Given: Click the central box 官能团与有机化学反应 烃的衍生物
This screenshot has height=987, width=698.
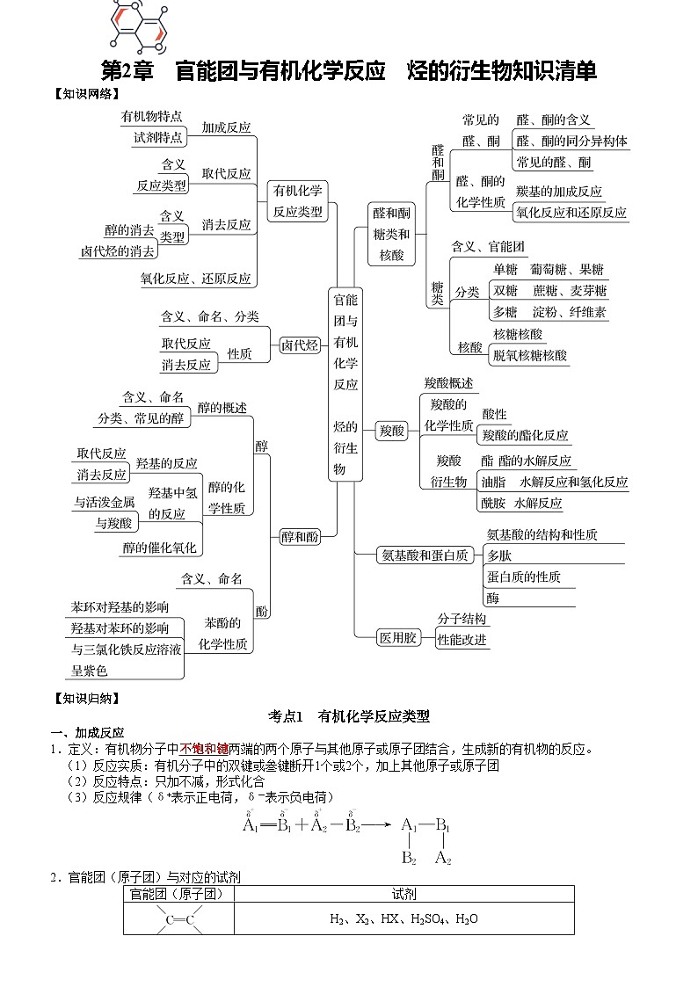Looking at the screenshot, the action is (345, 383).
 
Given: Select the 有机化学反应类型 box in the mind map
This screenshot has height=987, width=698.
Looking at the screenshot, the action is (297, 201).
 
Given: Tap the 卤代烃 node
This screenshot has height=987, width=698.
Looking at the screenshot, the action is (300, 345).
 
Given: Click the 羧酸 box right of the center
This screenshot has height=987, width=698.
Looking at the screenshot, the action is (391, 431).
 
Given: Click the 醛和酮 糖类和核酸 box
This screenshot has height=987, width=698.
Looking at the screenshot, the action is (391, 235).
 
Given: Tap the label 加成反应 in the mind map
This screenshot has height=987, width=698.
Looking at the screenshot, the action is (226, 127).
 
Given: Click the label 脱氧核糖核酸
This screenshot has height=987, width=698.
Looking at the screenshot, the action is (530, 356).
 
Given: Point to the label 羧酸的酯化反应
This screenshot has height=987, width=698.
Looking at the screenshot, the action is (526, 435).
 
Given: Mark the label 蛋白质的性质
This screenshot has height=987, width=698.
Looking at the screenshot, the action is (523, 577).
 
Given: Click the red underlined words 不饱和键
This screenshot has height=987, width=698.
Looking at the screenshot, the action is (204, 749).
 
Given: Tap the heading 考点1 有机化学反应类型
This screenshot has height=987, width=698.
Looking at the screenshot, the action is (349, 716).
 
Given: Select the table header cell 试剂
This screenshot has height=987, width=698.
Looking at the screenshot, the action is (404, 894).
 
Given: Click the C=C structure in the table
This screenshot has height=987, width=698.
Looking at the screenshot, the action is (179, 919).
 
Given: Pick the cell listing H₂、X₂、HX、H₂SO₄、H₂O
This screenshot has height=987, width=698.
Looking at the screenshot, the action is (404, 919).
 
